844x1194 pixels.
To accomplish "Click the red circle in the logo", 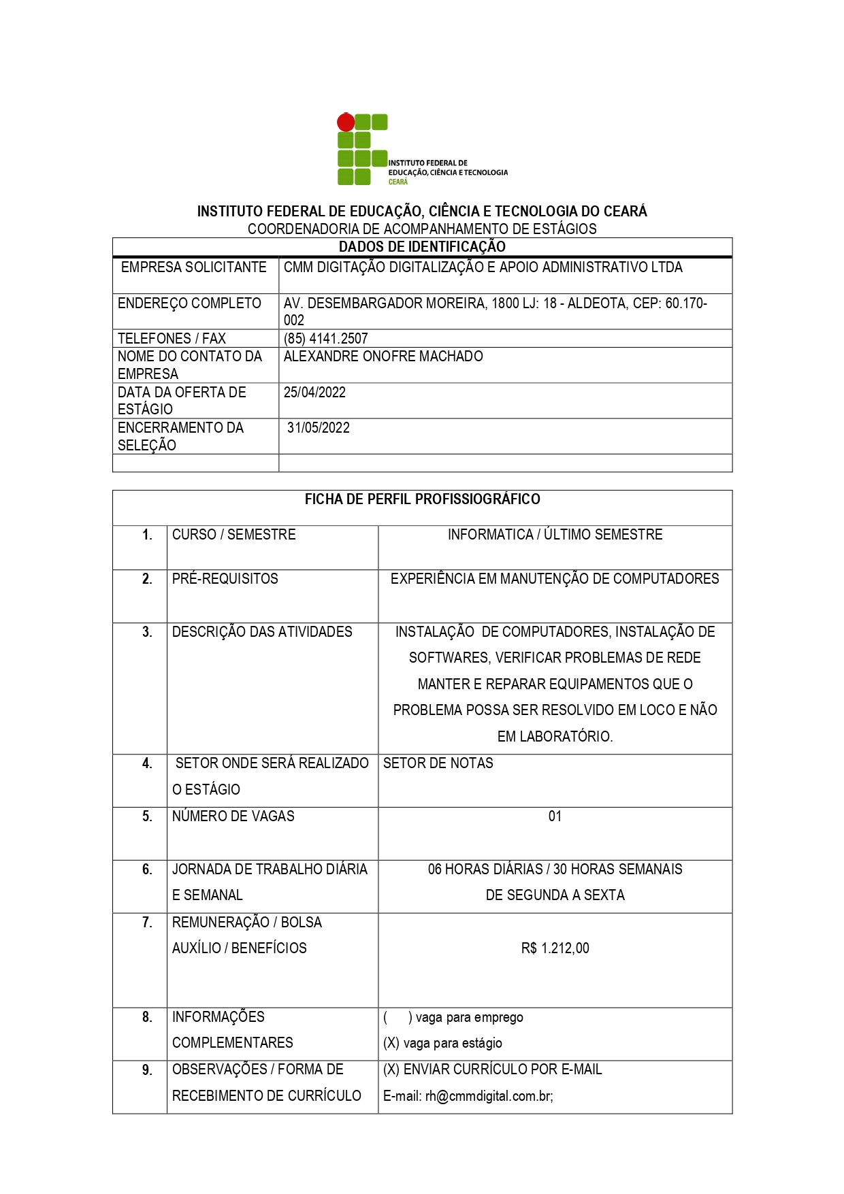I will [x=346, y=122].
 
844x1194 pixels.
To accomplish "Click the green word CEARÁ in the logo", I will [x=398, y=182].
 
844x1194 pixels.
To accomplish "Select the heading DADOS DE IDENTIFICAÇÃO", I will [x=422, y=247].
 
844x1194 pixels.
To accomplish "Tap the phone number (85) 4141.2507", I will [x=325, y=339].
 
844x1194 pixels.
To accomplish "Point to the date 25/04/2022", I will [x=314, y=393].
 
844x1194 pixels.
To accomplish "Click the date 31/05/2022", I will [x=318, y=428].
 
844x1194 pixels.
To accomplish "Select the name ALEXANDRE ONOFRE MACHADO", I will [x=383, y=356].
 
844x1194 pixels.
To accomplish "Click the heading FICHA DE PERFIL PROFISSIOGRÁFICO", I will [x=422, y=499].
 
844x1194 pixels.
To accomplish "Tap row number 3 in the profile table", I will [x=147, y=632].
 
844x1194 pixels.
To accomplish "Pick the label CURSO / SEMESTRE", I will [x=233, y=535].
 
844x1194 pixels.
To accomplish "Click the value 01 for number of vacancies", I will [x=555, y=816].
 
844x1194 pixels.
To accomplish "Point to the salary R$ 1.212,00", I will [x=555, y=948].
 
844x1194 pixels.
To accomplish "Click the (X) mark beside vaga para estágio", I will [x=391, y=1044].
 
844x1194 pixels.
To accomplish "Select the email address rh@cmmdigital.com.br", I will [x=489, y=1096].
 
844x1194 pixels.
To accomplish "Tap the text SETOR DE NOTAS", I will [x=438, y=763].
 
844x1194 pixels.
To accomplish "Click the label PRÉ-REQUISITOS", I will [x=225, y=579].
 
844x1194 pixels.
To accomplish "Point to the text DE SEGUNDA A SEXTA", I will [x=555, y=895].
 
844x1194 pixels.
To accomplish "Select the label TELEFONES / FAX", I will [x=172, y=339].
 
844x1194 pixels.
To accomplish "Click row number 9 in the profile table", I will [x=147, y=1070].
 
